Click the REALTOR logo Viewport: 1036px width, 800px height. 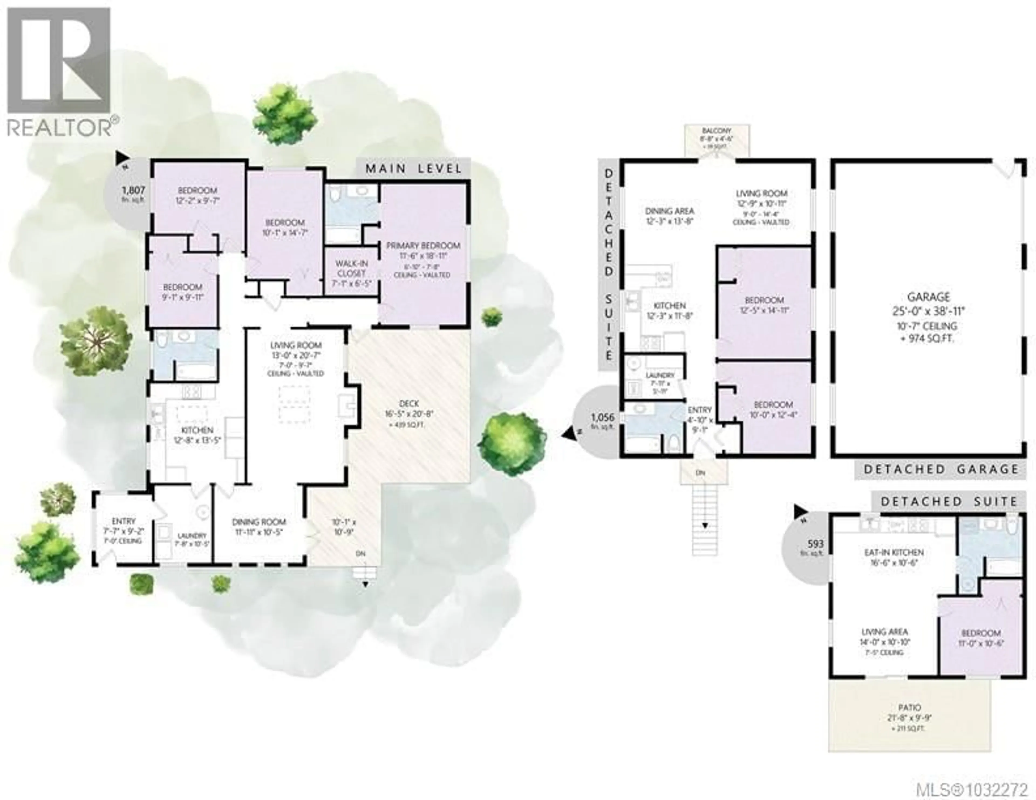tap(59, 71)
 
